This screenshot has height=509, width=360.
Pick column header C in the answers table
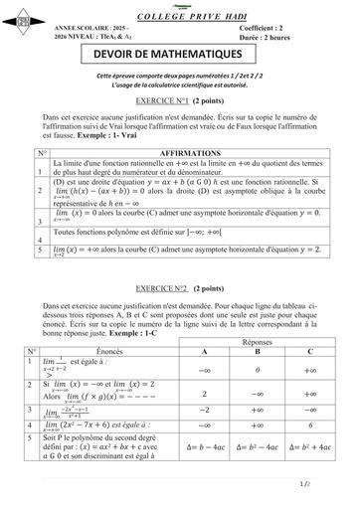[x=311, y=352]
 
